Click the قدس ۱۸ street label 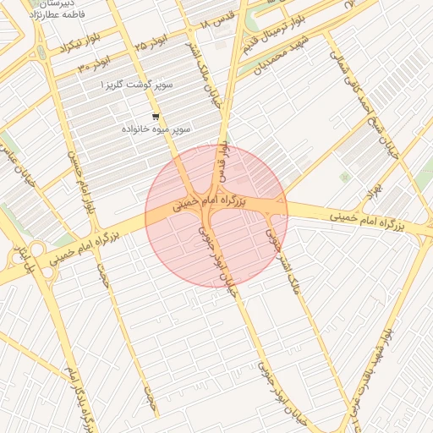[x=217, y=29]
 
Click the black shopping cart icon [x=155, y=117]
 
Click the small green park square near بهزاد [x=344, y=177]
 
